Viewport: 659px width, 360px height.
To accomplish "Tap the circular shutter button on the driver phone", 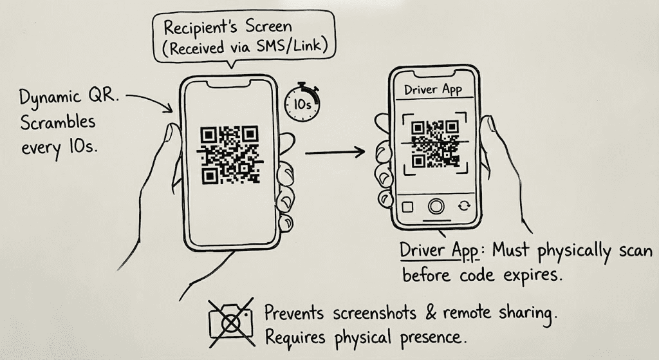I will [x=436, y=207].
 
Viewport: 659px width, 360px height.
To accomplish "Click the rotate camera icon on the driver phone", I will [x=465, y=206].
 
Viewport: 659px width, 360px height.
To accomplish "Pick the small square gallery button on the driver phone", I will [x=407, y=207].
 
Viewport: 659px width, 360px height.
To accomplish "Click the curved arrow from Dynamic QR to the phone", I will [x=153, y=100].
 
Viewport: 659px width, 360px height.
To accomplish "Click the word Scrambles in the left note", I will [x=57, y=122].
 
